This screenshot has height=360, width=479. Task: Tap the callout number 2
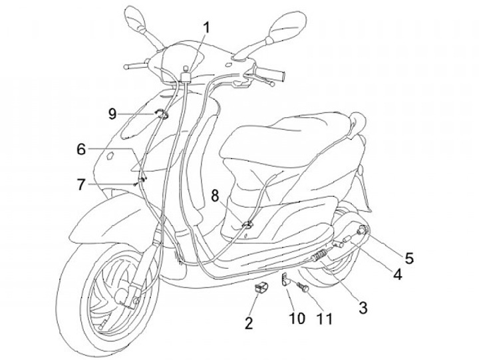coord(249,324)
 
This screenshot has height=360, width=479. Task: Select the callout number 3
coord(363,307)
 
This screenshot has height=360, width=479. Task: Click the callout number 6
coord(81,149)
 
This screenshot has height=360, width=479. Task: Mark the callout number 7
coord(81,184)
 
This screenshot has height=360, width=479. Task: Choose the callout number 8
coord(215,195)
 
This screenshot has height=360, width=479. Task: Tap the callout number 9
coord(112,113)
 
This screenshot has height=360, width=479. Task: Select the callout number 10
coord(297,319)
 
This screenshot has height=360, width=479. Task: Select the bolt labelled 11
coord(303,289)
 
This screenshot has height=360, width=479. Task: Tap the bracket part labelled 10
coord(285,280)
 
